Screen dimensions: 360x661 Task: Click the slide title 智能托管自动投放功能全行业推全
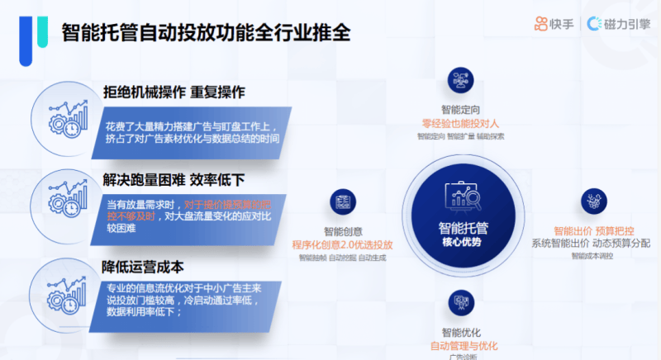[x=207, y=32]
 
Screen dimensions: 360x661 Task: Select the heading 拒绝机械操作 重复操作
[x=174, y=92]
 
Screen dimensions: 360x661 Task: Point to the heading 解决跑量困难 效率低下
[x=174, y=179]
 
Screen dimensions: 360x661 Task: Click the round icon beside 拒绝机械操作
[x=65, y=117]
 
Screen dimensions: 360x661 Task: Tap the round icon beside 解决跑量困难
[x=65, y=201]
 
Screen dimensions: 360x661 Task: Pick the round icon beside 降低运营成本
[x=65, y=287]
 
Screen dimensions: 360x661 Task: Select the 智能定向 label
[x=460, y=110]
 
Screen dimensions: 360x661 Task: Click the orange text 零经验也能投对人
[x=460, y=123]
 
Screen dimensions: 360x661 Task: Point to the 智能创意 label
[x=343, y=232]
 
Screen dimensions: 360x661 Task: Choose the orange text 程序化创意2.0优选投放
[x=342, y=245]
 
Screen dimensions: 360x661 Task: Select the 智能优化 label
[x=460, y=333]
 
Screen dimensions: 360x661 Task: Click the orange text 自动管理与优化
[x=464, y=345]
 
